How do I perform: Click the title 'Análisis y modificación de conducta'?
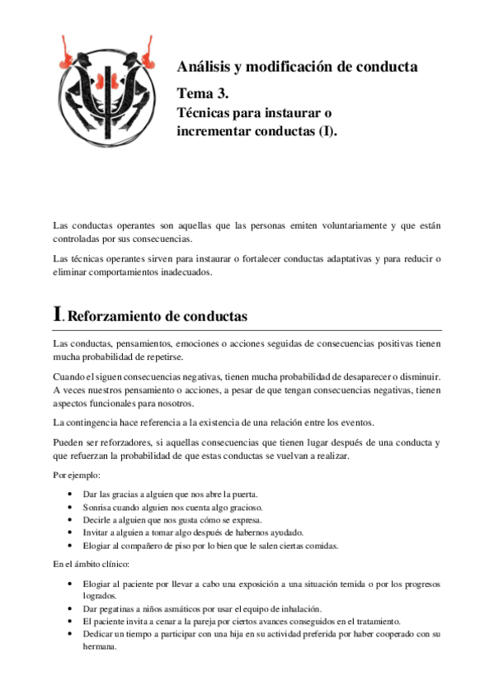(x=298, y=66)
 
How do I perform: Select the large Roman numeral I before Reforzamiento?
(x=57, y=314)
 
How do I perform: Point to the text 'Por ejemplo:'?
(x=77, y=475)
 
